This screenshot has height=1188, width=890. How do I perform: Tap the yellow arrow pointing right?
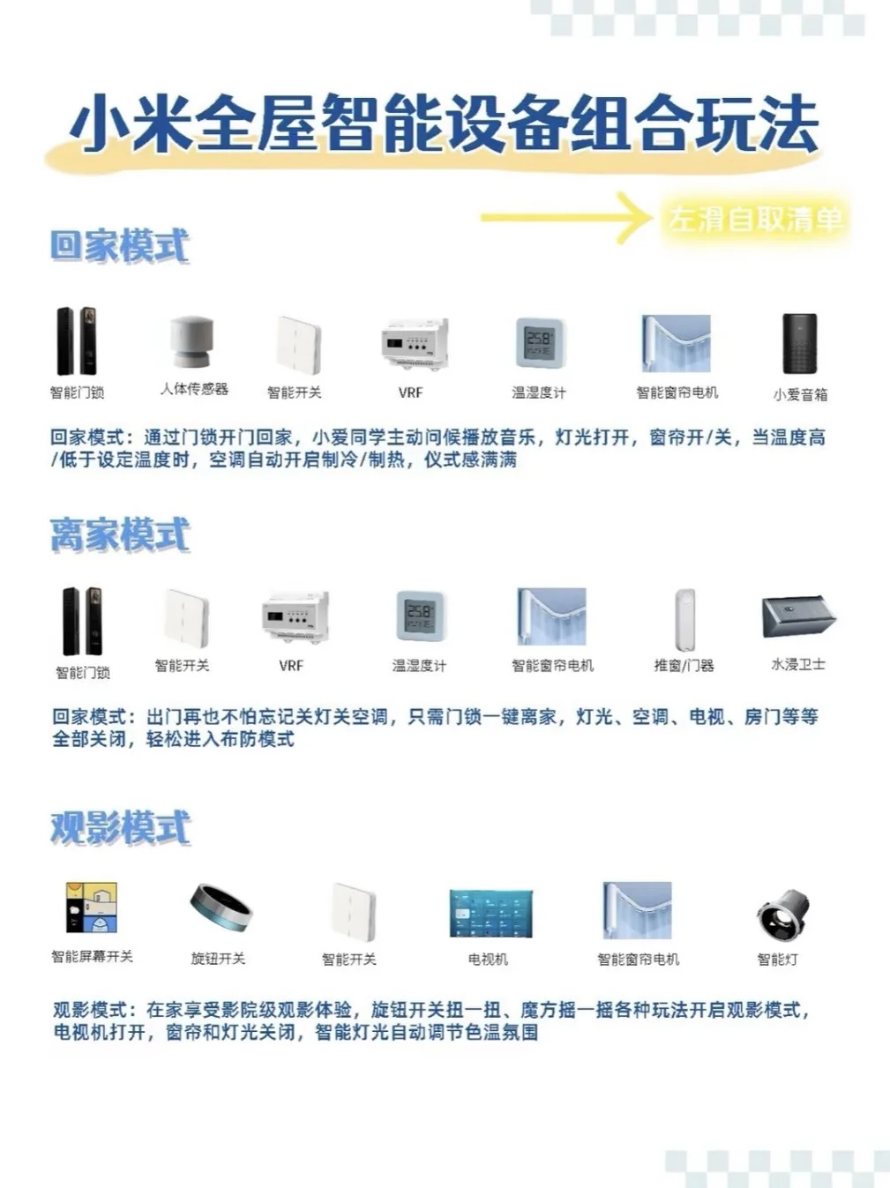(x=565, y=217)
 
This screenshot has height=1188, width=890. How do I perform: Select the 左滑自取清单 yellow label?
(x=754, y=219)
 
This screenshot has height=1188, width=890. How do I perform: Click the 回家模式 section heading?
(x=119, y=245)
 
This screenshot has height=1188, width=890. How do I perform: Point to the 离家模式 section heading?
(x=120, y=534)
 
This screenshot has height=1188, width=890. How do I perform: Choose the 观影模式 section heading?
(x=120, y=827)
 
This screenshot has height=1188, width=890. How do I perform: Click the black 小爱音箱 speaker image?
(x=799, y=344)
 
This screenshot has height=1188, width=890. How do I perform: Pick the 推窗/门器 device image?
(x=684, y=618)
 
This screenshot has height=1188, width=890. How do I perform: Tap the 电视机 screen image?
(x=490, y=913)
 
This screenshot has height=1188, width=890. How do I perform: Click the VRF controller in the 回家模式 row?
(x=414, y=344)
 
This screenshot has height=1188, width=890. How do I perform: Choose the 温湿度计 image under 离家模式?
(x=418, y=616)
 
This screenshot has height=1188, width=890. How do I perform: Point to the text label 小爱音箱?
(x=800, y=394)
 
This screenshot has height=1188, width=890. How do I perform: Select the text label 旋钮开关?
(x=218, y=958)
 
